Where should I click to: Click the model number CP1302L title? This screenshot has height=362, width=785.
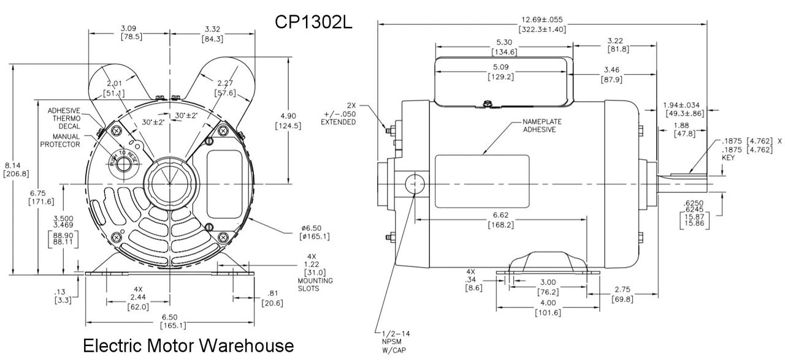tap(313, 22)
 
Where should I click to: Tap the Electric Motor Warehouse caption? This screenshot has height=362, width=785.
tap(188, 345)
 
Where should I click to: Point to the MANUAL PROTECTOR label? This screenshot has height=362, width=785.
tap(60, 140)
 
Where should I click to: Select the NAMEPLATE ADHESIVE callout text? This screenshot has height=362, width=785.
tap(542, 126)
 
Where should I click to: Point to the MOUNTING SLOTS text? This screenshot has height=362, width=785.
tap(315, 284)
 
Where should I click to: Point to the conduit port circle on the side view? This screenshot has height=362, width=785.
tap(415, 184)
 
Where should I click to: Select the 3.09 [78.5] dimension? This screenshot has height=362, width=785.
tap(129, 32)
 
